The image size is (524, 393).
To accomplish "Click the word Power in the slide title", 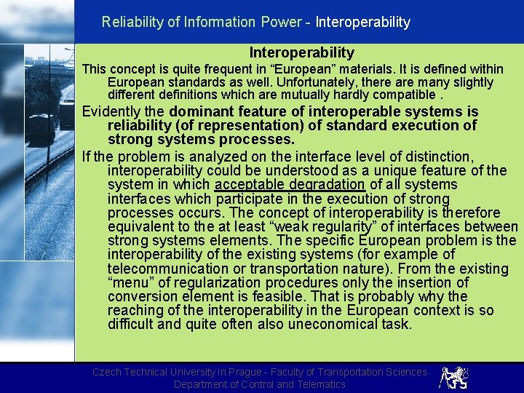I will pyautogui.click(x=281, y=22).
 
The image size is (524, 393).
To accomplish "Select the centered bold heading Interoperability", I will pyautogui.click(x=301, y=52).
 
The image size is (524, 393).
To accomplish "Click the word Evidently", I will pyautogui.click(x=114, y=111).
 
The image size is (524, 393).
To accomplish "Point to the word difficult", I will pyautogui.click(x=131, y=324).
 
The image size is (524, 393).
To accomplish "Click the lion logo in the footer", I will pyautogui.click(x=453, y=378).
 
